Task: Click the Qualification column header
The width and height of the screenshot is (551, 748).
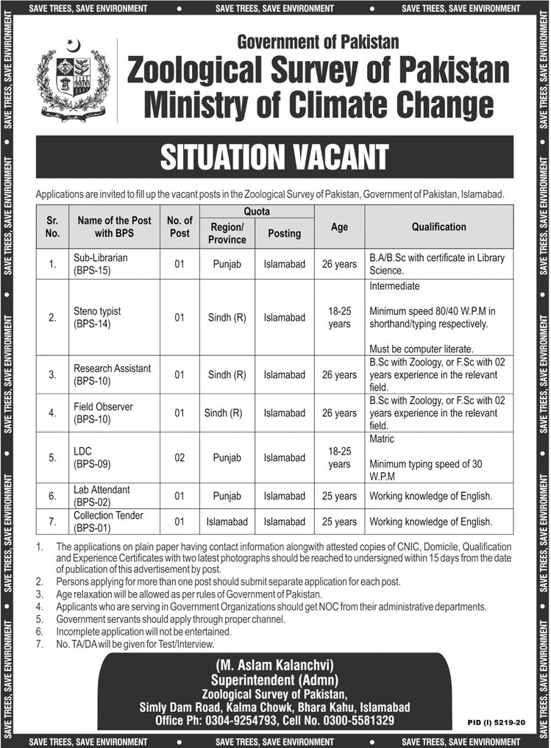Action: click(x=438, y=227)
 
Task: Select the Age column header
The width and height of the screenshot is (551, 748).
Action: click(x=339, y=227)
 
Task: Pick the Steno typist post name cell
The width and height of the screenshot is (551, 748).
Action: click(x=97, y=317)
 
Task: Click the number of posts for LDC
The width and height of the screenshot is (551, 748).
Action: click(x=179, y=457)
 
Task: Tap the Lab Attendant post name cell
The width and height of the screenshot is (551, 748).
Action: click(x=102, y=495)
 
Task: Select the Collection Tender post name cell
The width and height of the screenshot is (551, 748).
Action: click(x=107, y=521)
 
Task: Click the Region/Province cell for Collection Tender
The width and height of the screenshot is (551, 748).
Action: click(x=227, y=522)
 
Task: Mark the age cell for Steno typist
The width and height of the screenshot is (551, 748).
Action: click(x=339, y=317)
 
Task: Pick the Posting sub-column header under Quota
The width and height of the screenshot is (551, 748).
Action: click(x=285, y=233)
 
